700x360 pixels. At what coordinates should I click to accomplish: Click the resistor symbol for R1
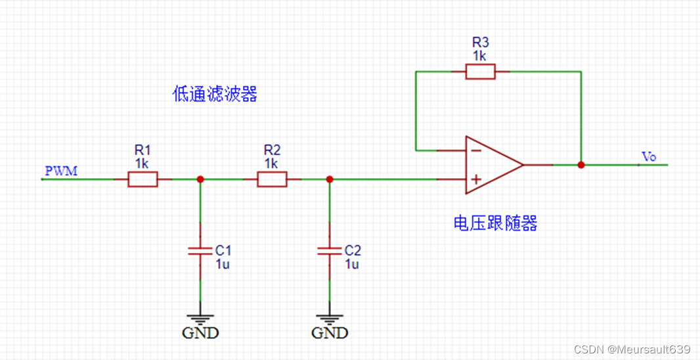[x=142, y=179]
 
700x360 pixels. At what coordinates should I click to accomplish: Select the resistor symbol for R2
[x=272, y=179]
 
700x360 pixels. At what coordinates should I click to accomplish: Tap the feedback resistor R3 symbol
[x=480, y=72]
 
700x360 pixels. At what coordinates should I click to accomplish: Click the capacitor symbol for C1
[x=200, y=250]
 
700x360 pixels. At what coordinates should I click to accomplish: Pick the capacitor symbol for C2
[x=330, y=250]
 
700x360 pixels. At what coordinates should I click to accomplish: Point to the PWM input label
[x=61, y=171]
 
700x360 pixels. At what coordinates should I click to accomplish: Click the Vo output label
[x=648, y=156]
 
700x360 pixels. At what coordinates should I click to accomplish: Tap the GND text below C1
[x=200, y=332]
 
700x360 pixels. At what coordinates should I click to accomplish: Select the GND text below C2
[x=330, y=332]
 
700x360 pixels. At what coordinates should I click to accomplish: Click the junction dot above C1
[x=200, y=179]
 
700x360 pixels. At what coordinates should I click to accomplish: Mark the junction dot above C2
[x=330, y=179]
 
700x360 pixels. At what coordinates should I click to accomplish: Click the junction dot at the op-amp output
[x=580, y=165]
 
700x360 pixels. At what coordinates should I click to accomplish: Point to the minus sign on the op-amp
[x=476, y=150]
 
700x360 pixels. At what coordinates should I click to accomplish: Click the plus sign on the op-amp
[x=476, y=179]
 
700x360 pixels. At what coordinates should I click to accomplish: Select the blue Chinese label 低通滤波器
[x=214, y=95]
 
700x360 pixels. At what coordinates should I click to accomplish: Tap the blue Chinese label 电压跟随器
[x=495, y=223]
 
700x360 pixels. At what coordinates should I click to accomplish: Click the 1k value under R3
[x=480, y=56]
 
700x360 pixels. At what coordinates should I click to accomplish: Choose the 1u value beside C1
[x=223, y=264]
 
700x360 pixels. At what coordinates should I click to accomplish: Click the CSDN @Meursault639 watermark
[x=632, y=349]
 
